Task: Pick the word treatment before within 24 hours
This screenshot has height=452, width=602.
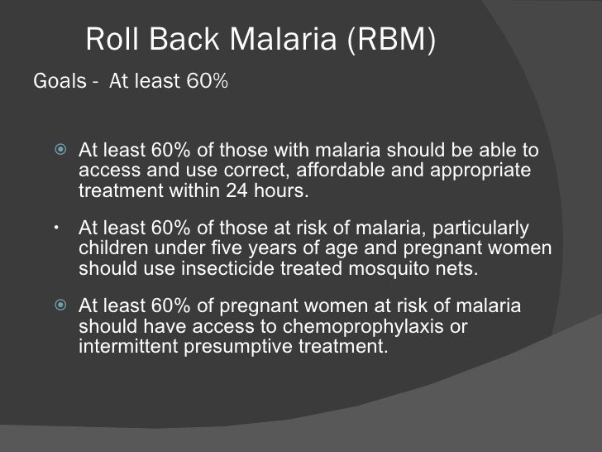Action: (119, 190)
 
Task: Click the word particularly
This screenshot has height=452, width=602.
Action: (480, 228)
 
